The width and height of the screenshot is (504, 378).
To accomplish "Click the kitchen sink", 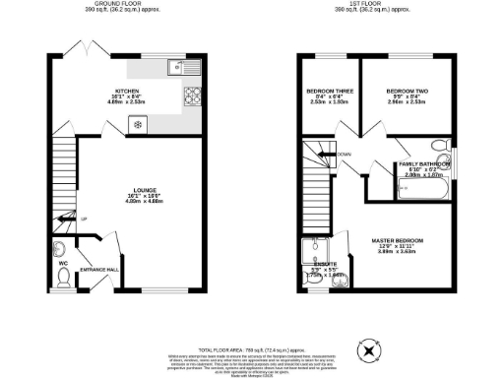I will click(179, 68).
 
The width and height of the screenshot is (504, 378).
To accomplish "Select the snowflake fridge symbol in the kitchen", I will click(136, 124).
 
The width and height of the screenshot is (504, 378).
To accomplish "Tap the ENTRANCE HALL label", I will click(98, 269).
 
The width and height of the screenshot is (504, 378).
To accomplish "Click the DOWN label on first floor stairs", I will click(344, 155).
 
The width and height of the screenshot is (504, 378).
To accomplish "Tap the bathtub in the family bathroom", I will click(422, 187).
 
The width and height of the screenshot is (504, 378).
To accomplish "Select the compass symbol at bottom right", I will click(369, 348).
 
